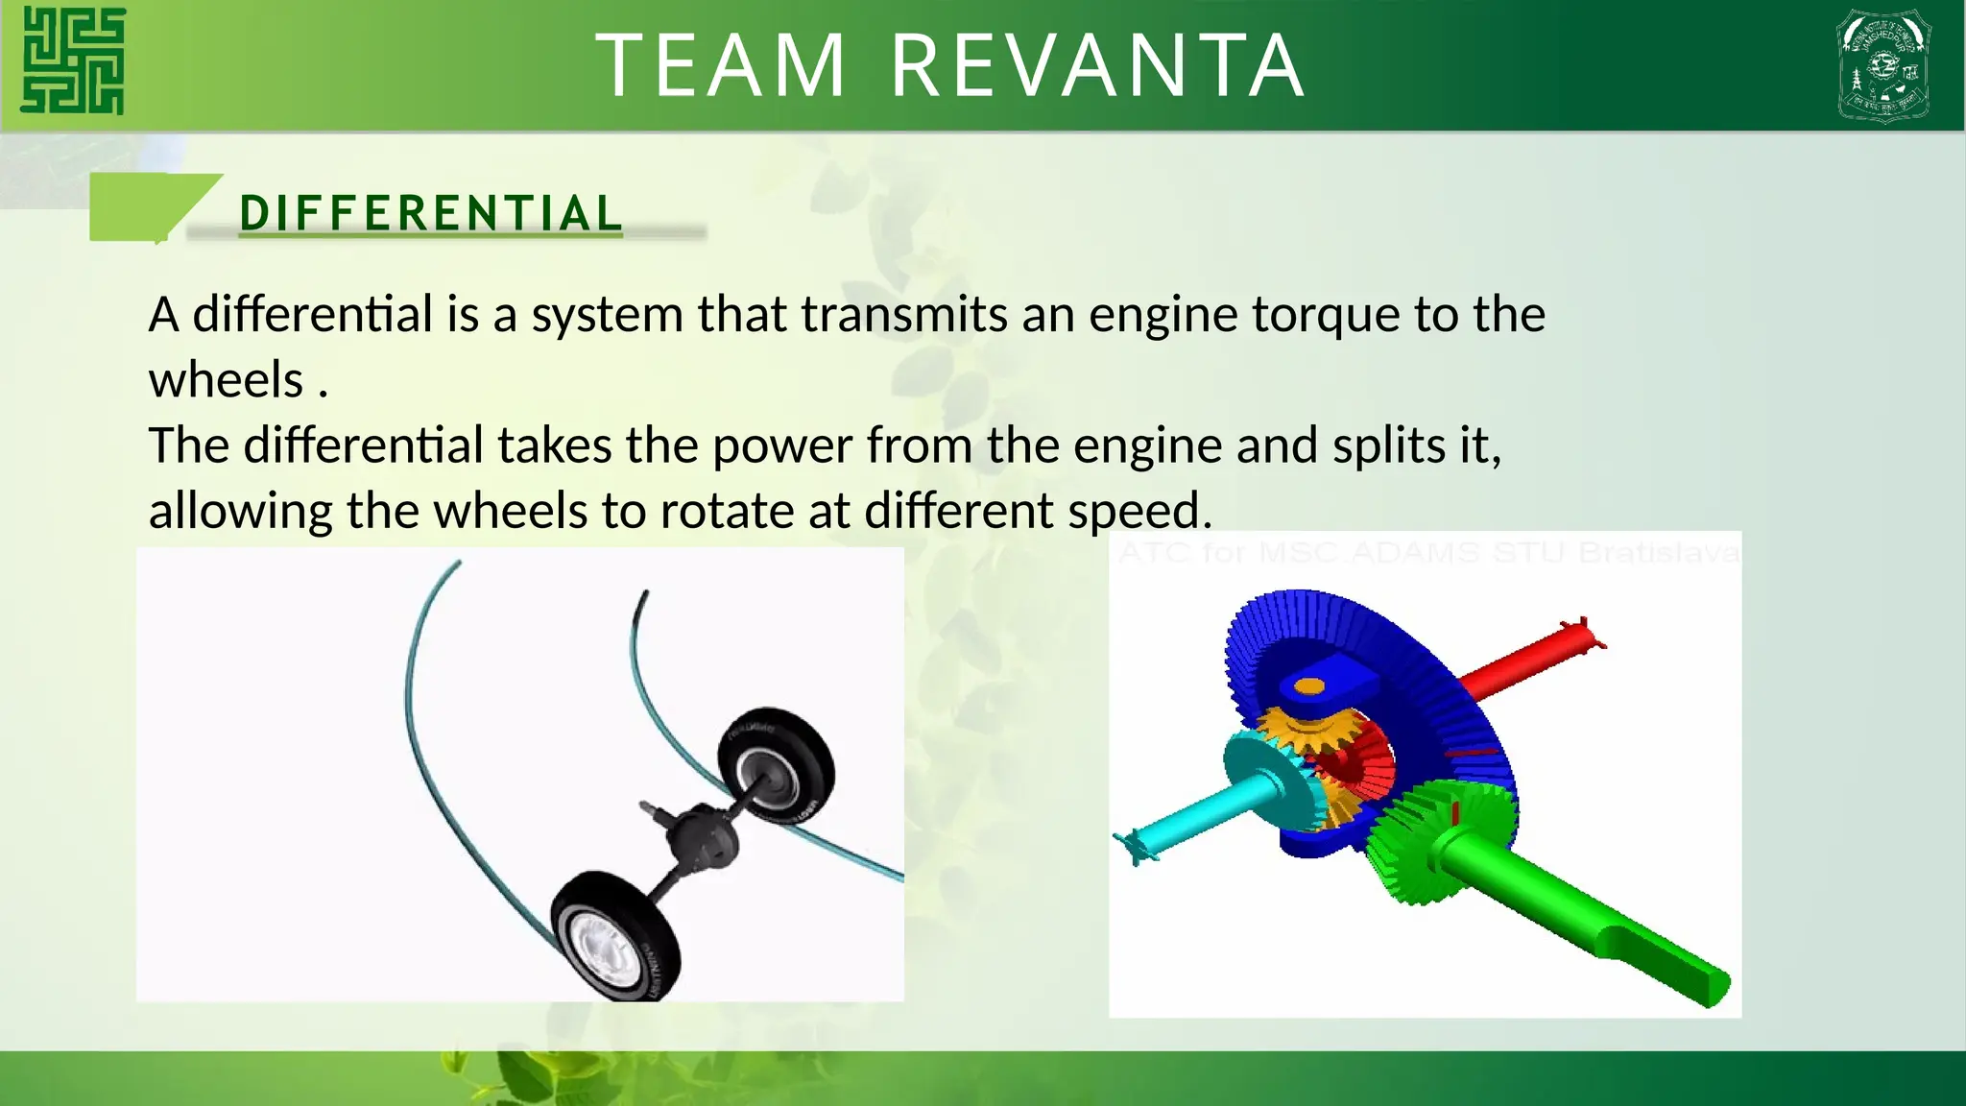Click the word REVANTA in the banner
tap(1097, 65)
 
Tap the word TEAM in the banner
tap(721, 65)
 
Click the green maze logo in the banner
tap(74, 61)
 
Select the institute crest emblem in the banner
tap(1883, 65)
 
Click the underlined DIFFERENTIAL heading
tap(431, 213)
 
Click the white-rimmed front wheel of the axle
tap(614, 936)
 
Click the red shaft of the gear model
tap(1526, 662)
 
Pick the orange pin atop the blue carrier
tap(1308, 685)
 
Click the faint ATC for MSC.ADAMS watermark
tap(1427, 553)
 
